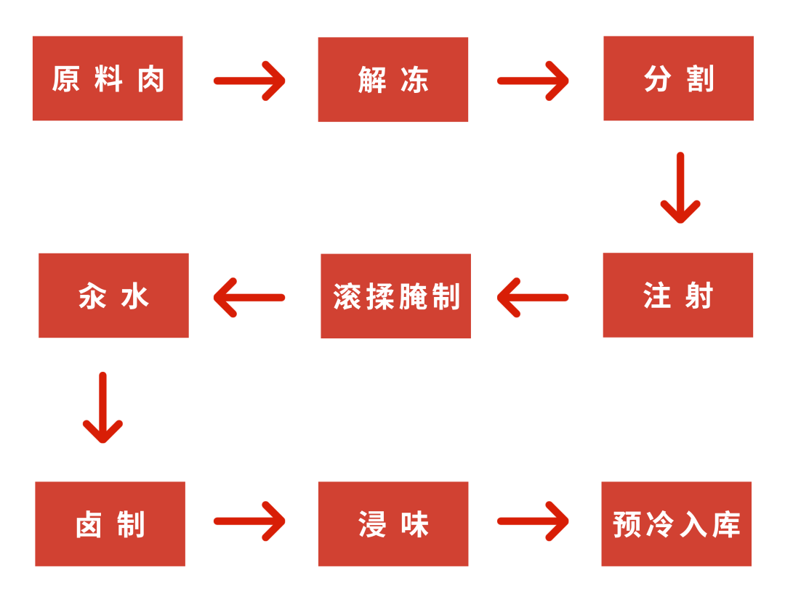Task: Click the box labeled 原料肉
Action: click(108, 78)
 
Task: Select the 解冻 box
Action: click(393, 79)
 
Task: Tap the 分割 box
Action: click(678, 78)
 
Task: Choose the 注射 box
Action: click(678, 295)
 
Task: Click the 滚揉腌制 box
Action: click(395, 296)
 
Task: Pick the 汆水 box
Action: click(113, 296)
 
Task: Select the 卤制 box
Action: click(110, 524)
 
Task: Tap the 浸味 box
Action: click(393, 524)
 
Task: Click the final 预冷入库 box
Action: click(677, 524)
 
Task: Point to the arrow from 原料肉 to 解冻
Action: click(250, 81)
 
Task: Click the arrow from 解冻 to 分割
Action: click(534, 81)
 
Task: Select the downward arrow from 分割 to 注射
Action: click(680, 187)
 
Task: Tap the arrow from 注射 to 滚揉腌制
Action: click(532, 298)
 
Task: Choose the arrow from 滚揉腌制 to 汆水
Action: click(249, 298)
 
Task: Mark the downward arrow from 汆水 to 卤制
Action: click(102, 407)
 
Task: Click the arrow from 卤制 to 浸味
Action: click(250, 521)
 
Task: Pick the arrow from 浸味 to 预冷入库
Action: click(534, 521)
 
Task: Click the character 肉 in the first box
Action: click(152, 79)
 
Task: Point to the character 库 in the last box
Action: click(726, 524)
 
